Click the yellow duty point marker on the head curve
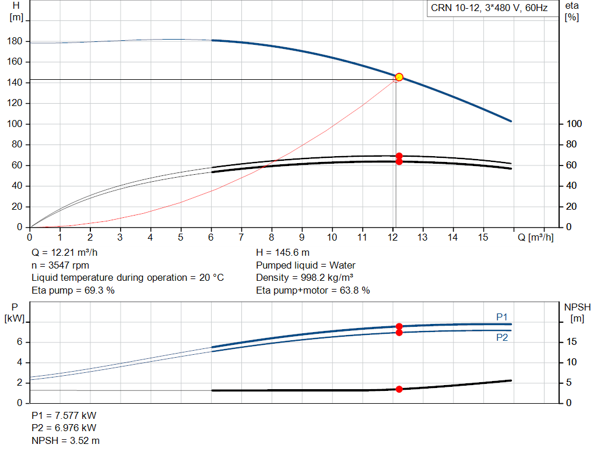[399, 77]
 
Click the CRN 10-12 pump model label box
[489, 8]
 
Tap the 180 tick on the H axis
[16, 41]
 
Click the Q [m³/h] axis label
[536, 237]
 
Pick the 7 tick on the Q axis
[241, 237]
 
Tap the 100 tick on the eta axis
[574, 124]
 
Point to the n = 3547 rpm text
[60, 265]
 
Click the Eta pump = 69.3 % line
[73, 290]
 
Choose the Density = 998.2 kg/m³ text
[305, 278]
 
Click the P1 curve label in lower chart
[502, 317]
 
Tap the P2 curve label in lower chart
[502, 337]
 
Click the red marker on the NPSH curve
[399, 389]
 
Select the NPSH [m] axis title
[577, 312]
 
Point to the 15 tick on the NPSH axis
[573, 342]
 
